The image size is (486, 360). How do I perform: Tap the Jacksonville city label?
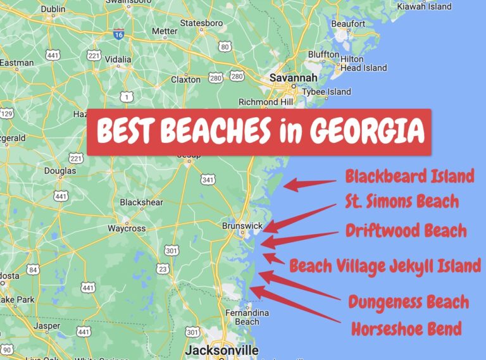(x=221, y=350)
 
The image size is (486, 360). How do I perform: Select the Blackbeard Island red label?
(x=409, y=176)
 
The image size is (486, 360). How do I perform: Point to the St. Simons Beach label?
(x=402, y=202)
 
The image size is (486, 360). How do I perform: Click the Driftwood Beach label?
(x=406, y=230)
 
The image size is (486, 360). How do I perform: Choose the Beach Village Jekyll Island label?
(x=385, y=266)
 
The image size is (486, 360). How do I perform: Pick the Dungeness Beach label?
(x=408, y=302)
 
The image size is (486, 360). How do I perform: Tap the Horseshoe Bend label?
(x=406, y=329)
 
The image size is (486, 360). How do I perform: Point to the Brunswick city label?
(x=242, y=226)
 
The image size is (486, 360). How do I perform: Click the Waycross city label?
(x=127, y=228)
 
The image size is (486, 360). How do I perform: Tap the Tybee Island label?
(x=327, y=92)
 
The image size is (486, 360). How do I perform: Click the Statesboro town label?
(x=201, y=23)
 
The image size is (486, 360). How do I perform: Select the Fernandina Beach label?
(x=247, y=317)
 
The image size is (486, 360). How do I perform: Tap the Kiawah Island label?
(x=424, y=6)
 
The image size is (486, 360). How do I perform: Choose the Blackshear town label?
(x=141, y=202)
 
